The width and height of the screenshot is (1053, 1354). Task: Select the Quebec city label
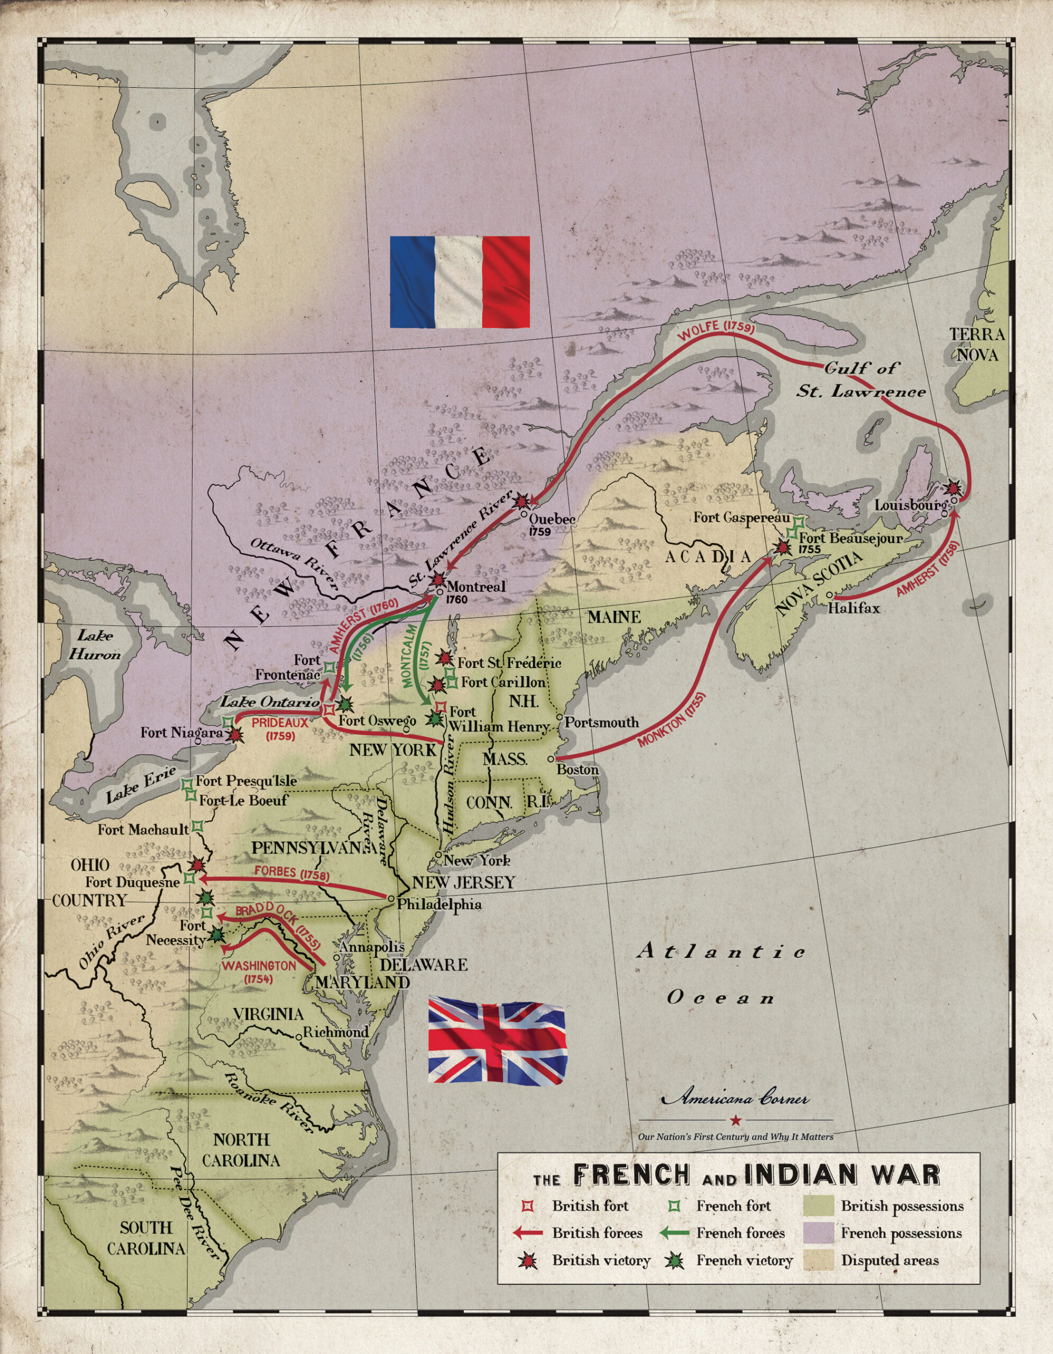point(552,519)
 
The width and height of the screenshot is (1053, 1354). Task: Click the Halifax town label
point(854,608)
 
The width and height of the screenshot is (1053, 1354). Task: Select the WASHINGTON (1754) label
point(259,972)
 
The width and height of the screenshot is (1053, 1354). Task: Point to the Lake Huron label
point(95,645)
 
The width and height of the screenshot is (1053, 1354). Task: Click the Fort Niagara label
point(181,732)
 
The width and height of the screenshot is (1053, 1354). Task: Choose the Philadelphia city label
point(439,904)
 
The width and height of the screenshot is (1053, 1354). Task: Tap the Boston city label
point(577,770)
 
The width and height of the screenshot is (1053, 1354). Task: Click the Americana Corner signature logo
point(736,1098)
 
